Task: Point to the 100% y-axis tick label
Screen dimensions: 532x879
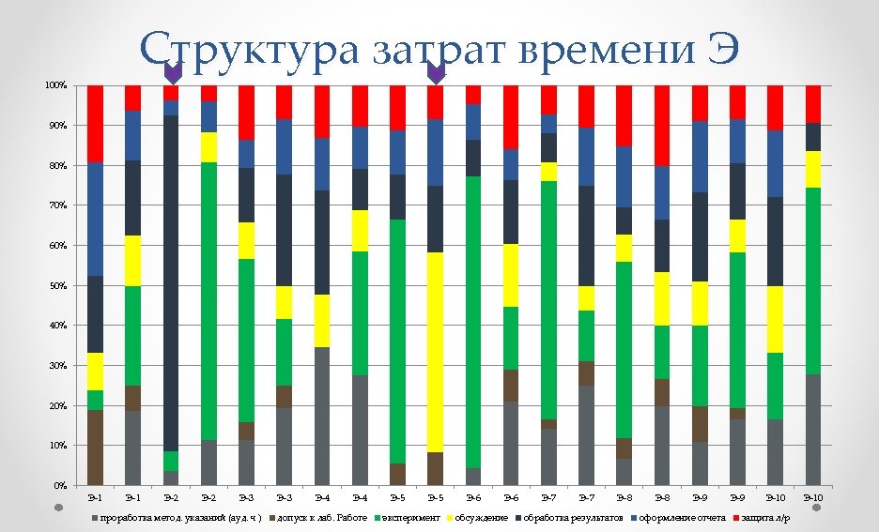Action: pos(55,85)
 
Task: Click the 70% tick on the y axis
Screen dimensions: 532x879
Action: pos(57,205)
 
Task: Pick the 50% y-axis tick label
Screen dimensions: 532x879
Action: pos(57,285)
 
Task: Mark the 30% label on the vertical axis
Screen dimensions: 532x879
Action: pos(57,365)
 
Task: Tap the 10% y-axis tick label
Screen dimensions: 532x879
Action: pos(57,446)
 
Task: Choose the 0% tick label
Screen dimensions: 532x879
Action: pos(59,485)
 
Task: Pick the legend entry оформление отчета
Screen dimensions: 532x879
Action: pos(681,518)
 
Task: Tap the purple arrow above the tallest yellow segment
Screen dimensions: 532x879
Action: pos(436,72)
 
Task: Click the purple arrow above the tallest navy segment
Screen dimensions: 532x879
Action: pos(172,72)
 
